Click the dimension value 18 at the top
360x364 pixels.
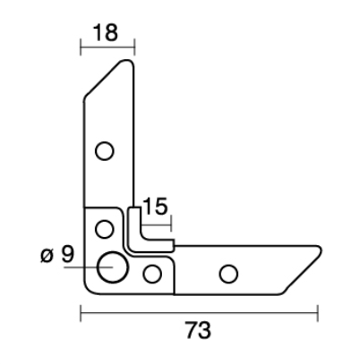pos(106,32)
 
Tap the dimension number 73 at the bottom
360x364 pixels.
pos(199,330)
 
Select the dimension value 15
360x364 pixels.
pos(155,207)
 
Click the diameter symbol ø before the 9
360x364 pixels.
pos(47,256)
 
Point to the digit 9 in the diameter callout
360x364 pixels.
pos(67,254)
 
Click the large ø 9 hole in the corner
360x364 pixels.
pos(113,267)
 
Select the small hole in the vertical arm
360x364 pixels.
pos(104,151)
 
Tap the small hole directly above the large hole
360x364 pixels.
pos(104,229)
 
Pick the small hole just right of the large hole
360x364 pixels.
pos(152,274)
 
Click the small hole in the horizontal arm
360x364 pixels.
pos(228,274)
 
